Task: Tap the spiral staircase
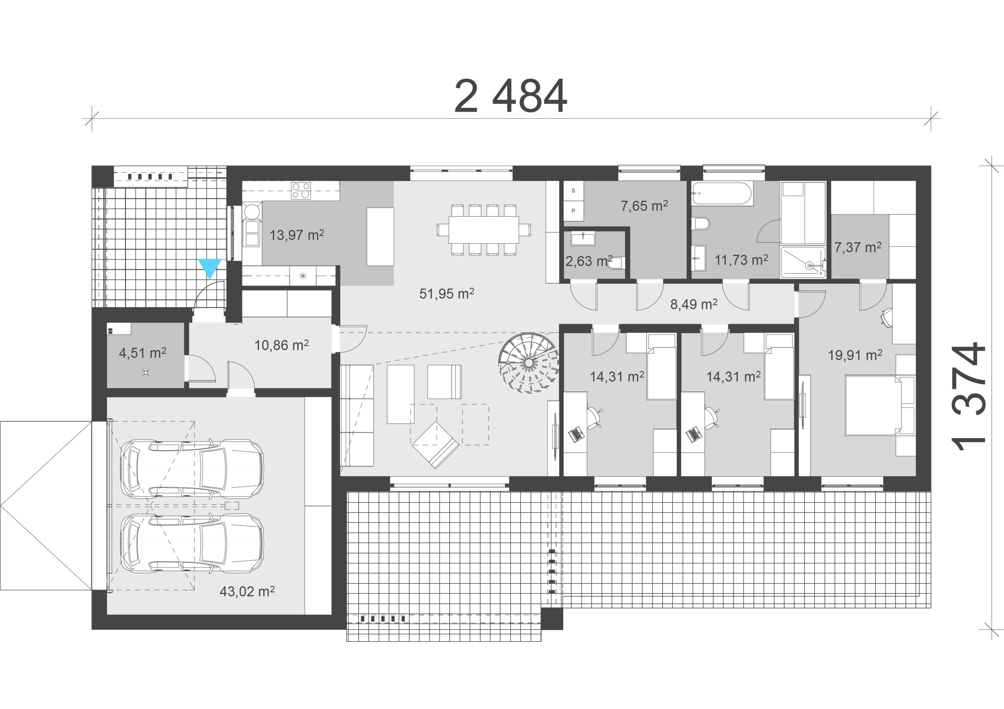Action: click(529, 363)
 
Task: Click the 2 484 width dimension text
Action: click(510, 96)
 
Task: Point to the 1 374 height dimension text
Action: click(969, 397)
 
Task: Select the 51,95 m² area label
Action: click(446, 293)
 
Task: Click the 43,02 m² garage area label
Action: click(247, 591)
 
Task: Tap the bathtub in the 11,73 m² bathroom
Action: click(722, 194)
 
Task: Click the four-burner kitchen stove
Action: click(301, 190)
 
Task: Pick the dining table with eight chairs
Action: click(484, 230)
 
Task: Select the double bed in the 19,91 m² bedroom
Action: click(879, 405)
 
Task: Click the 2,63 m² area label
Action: click(589, 261)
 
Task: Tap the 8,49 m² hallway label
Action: click(693, 304)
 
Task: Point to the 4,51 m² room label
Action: click(142, 353)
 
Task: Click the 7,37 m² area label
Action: click(857, 247)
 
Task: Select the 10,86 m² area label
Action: click(282, 345)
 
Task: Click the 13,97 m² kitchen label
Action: click(296, 235)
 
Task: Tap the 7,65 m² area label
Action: click(644, 206)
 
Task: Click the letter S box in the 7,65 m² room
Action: click(573, 190)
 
